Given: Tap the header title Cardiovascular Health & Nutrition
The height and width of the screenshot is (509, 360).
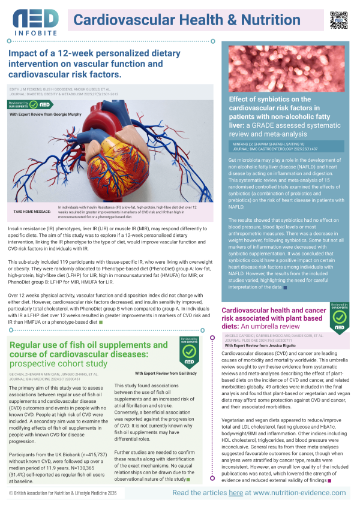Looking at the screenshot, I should click(187, 20).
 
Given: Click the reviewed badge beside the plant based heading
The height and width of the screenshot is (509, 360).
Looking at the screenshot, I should click(338, 317).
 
